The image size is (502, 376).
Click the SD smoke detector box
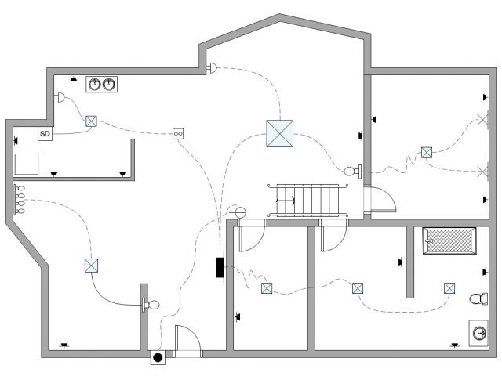[x=45, y=134]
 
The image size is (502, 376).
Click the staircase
[x=307, y=201]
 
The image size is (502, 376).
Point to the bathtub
[x=449, y=240]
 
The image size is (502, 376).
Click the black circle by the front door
[x=158, y=358]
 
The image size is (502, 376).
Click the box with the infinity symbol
[x=179, y=134]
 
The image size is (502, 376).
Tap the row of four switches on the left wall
[x=20, y=200]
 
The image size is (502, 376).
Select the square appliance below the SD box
[x=27, y=163]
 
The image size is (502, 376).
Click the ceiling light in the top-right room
[x=427, y=153]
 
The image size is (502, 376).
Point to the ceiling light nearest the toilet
[x=449, y=288]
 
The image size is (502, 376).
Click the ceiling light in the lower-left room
[x=91, y=266]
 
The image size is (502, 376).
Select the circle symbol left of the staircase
[x=240, y=212]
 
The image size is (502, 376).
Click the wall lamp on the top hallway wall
[x=211, y=69]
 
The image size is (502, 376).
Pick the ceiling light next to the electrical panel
[x=267, y=288]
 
